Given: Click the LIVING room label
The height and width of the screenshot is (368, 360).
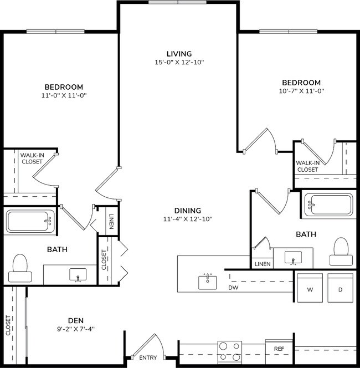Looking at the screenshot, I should point(179,54).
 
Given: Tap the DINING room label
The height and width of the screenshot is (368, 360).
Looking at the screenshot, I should point(187,211).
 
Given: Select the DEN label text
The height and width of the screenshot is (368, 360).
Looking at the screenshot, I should point(75,320).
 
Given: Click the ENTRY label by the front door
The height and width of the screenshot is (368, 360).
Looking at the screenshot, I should point(147,358).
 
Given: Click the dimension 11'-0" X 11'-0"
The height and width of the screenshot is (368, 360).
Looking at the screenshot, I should point(64,95).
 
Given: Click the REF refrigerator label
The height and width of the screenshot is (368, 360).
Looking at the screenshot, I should point(279,349).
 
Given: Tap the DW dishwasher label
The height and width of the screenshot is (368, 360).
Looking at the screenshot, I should point(233,288).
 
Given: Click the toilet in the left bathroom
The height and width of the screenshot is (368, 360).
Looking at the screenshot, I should point(20,264).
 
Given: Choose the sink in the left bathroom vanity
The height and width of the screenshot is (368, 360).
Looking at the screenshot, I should point(78,275).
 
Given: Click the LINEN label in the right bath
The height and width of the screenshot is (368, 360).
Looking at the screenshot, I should point(263,264).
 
